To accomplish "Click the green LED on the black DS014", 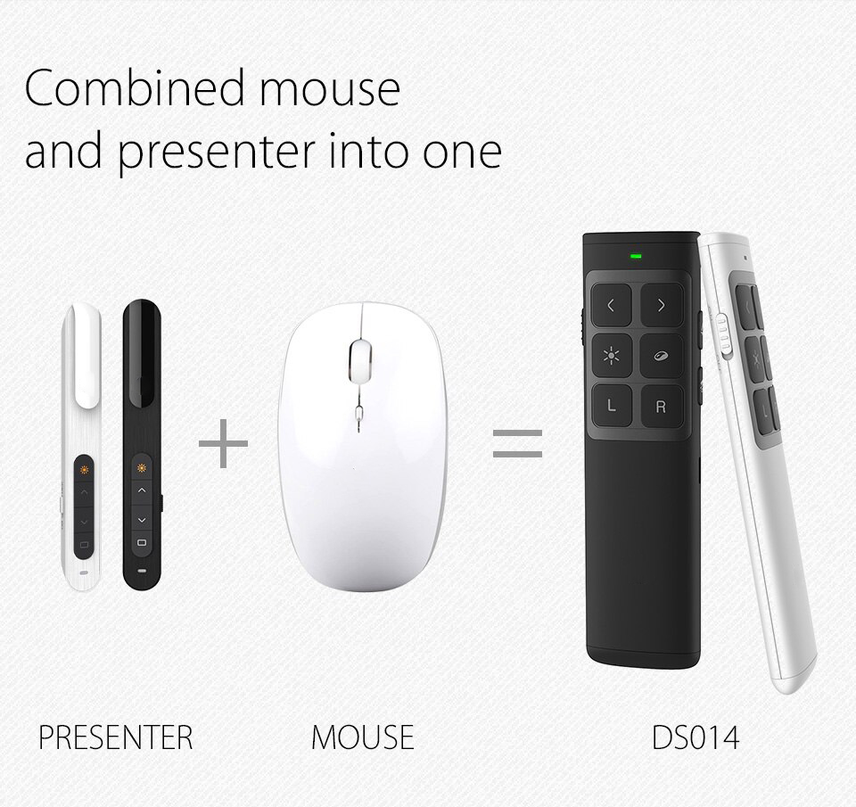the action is pos(636,255).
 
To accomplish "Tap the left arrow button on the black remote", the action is pos(612,305).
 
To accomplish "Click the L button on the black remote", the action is pos(612,406).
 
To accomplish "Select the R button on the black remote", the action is pos(661,407).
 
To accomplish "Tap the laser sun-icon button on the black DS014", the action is pos(612,356).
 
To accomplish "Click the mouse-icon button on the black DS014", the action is pos(661,356).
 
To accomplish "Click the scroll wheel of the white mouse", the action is pos(359,358).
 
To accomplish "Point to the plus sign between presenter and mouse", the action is pos(223,443).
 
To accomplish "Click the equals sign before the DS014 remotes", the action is pos(517,443).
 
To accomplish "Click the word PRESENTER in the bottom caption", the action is pos(116,737).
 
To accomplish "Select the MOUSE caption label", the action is pos(363,737).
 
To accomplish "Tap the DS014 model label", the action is pos(695,737).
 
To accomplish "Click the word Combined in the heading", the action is pos(135,87).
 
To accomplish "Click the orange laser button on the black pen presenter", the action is pos(142,467).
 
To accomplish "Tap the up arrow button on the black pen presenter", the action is pos(142,490).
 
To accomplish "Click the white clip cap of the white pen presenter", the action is pos(86,355).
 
